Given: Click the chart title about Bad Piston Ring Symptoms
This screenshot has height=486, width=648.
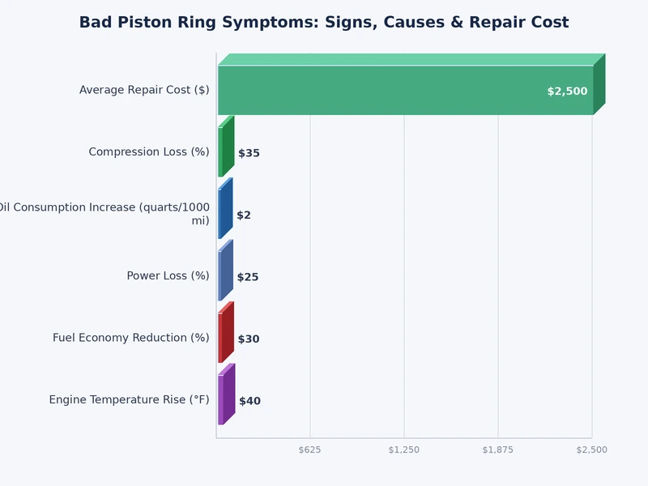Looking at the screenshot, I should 324,23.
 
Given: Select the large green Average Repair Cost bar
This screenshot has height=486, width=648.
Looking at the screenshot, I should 405,90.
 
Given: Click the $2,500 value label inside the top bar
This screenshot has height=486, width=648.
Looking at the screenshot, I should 567,92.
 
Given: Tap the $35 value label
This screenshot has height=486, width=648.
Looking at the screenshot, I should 249,153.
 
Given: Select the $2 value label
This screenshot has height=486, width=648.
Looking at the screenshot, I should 244,215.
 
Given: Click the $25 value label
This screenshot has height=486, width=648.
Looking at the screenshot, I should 248,277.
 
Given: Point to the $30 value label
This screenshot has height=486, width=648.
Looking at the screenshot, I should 249,339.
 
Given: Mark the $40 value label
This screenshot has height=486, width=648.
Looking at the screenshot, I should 249,401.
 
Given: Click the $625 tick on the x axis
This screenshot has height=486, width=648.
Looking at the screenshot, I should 310,450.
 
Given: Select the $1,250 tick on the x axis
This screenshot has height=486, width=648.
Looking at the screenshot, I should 404,450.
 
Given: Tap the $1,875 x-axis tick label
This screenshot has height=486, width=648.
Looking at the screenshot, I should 498,450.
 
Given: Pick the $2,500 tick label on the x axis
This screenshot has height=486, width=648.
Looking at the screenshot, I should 591,450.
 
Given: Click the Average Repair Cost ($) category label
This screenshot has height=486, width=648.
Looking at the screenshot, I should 144,90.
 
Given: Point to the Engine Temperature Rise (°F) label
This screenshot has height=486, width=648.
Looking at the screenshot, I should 129,400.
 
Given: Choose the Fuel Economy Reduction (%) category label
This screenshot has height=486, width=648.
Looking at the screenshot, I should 131,338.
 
